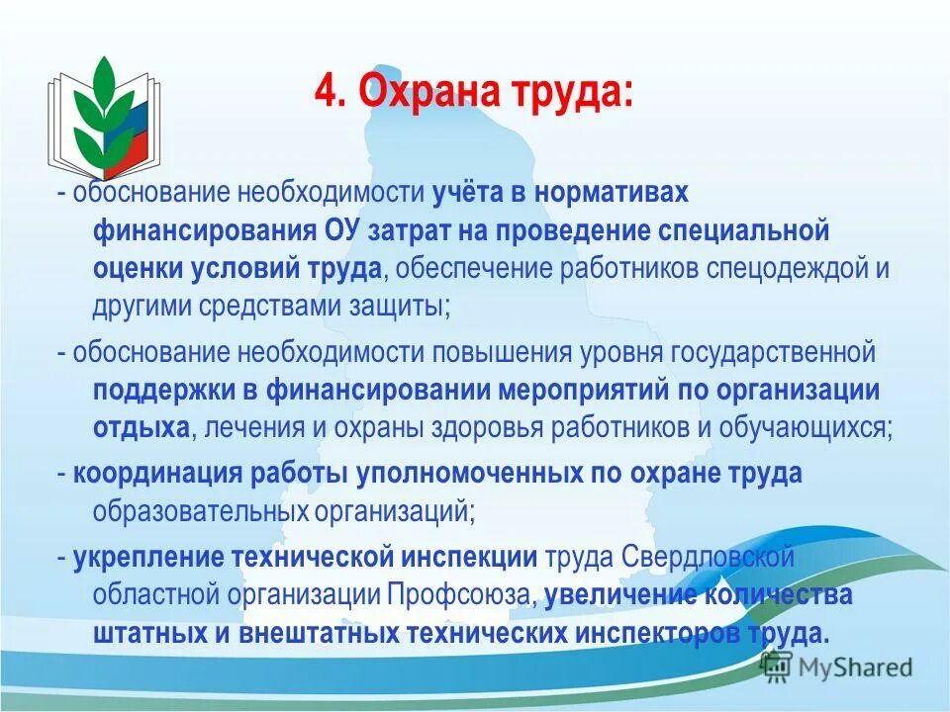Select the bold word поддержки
[x=164, y=390]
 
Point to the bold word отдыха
[x=141, y=427]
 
